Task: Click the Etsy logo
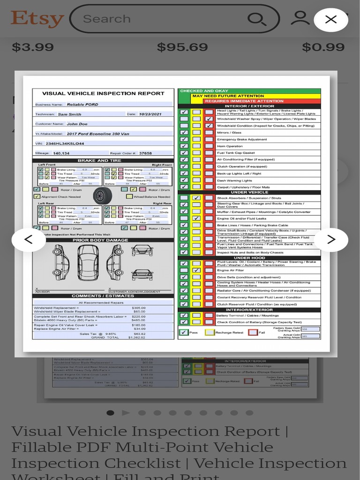pyautogui.click(x=37, y=19)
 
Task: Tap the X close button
pyautogui.click(x=331, y=19)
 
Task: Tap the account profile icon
pyautogui.click(x=300, y=18)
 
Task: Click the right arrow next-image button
pyautogui.click(x=331, y=240)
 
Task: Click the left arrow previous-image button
pyautogui.click(x=29, y=240)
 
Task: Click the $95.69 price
pyautogui.click(x=182, y=47)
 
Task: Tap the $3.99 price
pyautogui.click(x=33, y=47)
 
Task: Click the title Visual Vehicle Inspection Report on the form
pyautogui.click(x=103, y=93)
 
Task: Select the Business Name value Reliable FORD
pyautogui.click(x=82, y=105)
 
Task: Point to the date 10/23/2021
pyautogui.click(x=150, y=114)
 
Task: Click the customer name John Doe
pyautogui.click(x=77, y=124)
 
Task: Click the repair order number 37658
pyautogui.click(x=145, y=153)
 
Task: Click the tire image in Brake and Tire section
pyautogui.click(x=102, y=195)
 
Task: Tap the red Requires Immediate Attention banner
pyautogui.click(x=244, y=101)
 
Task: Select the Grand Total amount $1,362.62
pyautogui.click(x=137, y=337)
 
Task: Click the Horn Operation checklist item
pyautogui.click(x=230, y=146)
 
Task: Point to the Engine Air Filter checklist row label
pyautogui.click(x=230, y=270)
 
